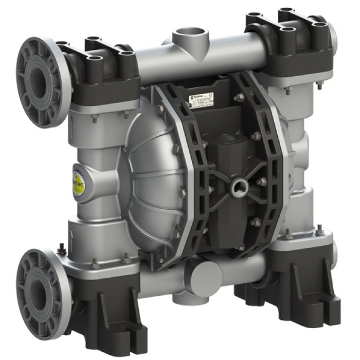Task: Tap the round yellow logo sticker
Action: (x=79, y=182)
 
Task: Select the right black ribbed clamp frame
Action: (x=267, y=154)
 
